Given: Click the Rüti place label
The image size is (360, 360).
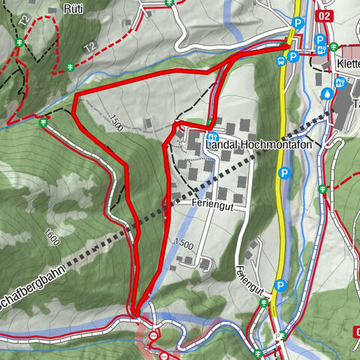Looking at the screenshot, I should pyautogui.click(x=73, y=9).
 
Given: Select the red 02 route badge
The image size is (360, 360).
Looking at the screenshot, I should pyautogui.click(x=325, y=15).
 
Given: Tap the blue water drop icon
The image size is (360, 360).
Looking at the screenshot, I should pyautogui.click(x=327, y=93).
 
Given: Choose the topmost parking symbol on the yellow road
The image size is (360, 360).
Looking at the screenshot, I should pyautogui.click(x=298, y=22).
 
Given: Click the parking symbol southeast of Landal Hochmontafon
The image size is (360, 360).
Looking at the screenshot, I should pyautogui.click(x=283, y=173).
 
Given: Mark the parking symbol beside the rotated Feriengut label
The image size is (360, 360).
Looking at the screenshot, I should pyautogui.click(x=280, y=285).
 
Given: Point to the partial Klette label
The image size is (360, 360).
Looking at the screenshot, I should pyautogui.click(x=349, y=64).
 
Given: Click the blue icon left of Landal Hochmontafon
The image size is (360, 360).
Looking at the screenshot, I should pyautogui.click(x=212, y=137).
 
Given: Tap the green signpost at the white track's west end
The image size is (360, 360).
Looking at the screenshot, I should pyautogui.click(x=44, y=120).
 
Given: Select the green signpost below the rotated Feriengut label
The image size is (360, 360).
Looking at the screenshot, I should pyautogui.click(x=263, y=302).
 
